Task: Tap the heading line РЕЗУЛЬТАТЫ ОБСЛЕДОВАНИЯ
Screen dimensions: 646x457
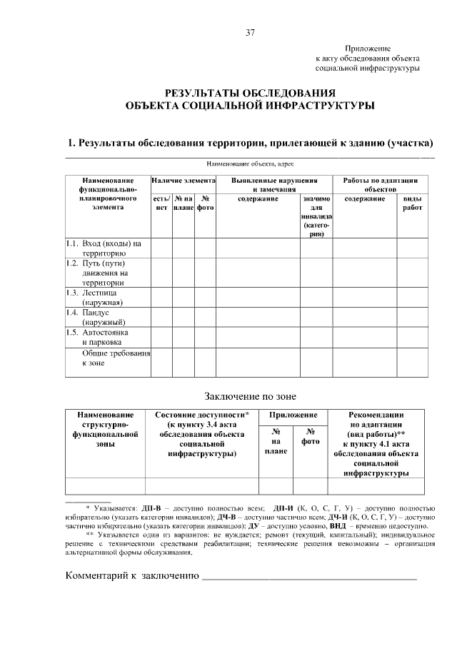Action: [x=250, y=93]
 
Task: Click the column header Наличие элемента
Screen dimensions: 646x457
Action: [x=183, y=181]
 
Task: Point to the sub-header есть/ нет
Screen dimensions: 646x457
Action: [x=161, y=203]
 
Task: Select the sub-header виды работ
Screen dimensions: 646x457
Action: [x=412, y=203]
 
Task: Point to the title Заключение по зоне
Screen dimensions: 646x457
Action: [x=250, y=396]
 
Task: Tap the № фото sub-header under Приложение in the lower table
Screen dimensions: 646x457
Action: [x=311, y=436]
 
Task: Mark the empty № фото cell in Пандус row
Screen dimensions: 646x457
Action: [x=205, y=317]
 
